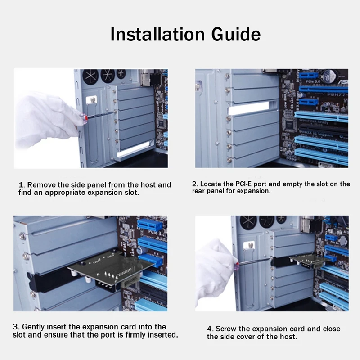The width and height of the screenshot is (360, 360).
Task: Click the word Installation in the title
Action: [x=157, y=35]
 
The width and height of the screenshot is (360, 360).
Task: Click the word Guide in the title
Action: [x=236, y=35]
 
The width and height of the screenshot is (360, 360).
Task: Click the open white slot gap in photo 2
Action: [x=249, y=108]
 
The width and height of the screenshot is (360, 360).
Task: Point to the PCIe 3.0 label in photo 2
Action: [x=313, y=81]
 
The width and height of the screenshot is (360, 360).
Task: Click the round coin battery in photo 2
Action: [x=330, y=76]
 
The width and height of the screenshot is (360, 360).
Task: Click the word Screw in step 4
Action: [x=226, y=329]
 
